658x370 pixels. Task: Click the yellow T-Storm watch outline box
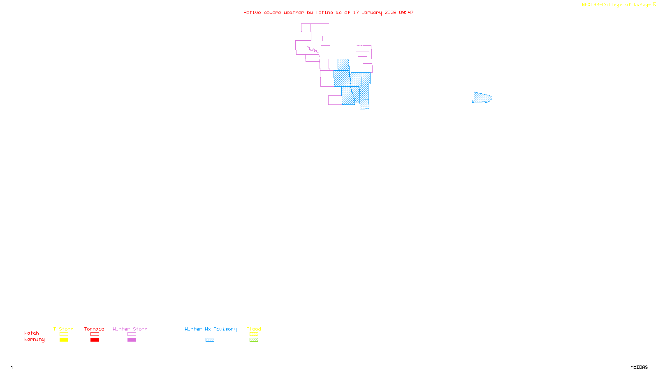(x=64, y=334)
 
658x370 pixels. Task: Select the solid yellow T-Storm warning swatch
(x=64, y=340)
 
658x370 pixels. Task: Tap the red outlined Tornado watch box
(x=95, y=334)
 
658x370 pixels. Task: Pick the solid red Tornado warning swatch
(x=95, y=340)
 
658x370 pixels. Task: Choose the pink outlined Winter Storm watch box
(x=132, y=334)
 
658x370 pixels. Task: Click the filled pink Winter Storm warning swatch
(x=132, y=340)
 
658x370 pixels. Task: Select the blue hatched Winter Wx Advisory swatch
(x=210, y=340)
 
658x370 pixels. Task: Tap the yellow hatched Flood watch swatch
(x=254, y=334)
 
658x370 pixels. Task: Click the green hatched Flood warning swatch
(x=254, y=340)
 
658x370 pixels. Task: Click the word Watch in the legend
(x=32, y=333)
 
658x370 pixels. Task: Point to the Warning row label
(x=34, y=340)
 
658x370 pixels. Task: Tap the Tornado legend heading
(x=94, y=329)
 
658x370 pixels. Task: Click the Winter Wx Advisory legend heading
(x=211, y=329)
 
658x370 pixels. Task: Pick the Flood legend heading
(x=254, y=329)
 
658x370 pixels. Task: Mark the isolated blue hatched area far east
(x=482, y=98)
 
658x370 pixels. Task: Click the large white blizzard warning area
(x=343, y=41)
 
